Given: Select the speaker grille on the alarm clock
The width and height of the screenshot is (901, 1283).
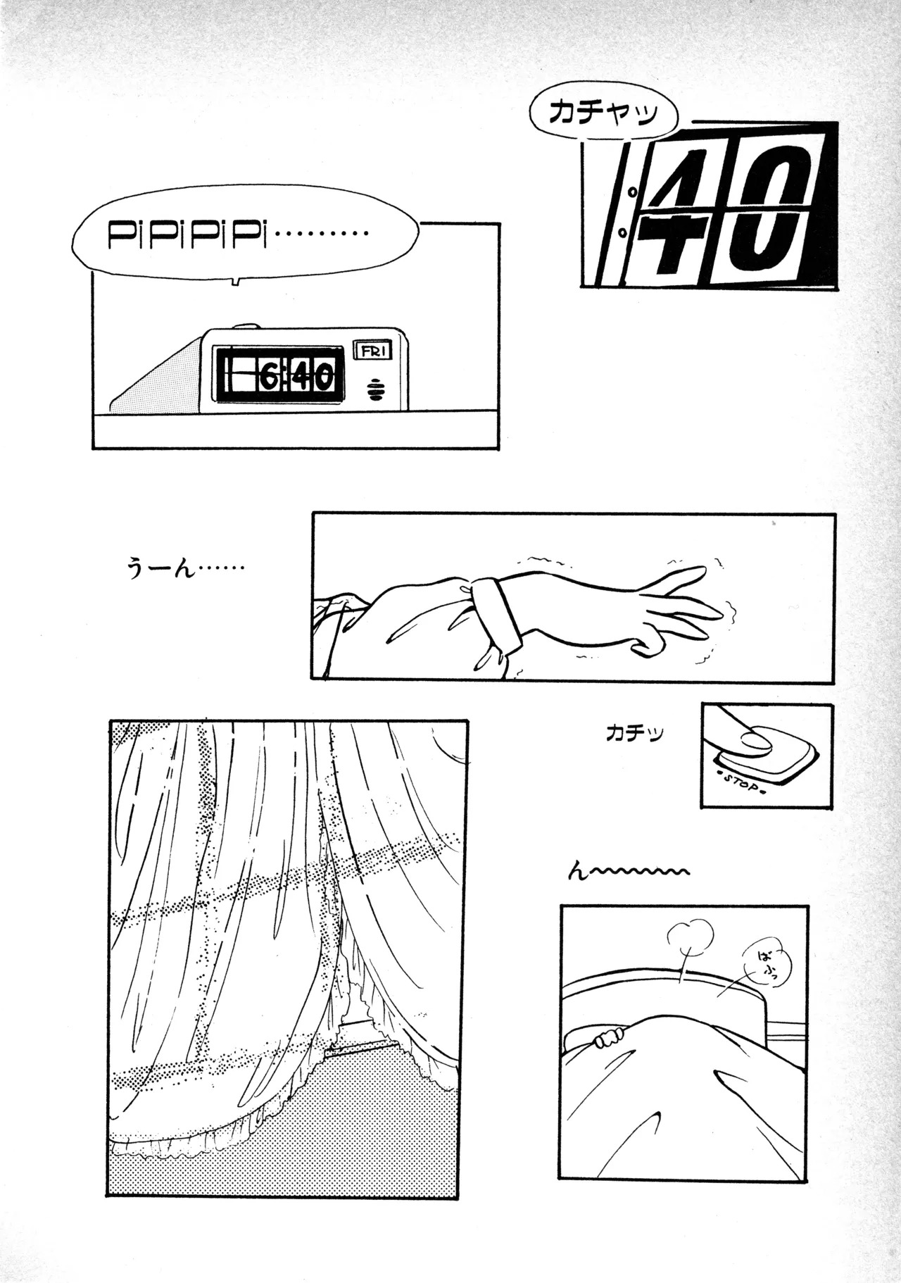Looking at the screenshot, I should [379, 389].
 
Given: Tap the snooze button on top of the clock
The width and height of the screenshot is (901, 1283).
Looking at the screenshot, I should [244, 327].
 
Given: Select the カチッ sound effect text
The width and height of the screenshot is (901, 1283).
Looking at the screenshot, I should [634, 734].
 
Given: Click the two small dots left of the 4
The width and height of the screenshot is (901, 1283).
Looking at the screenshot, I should [628, 211].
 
